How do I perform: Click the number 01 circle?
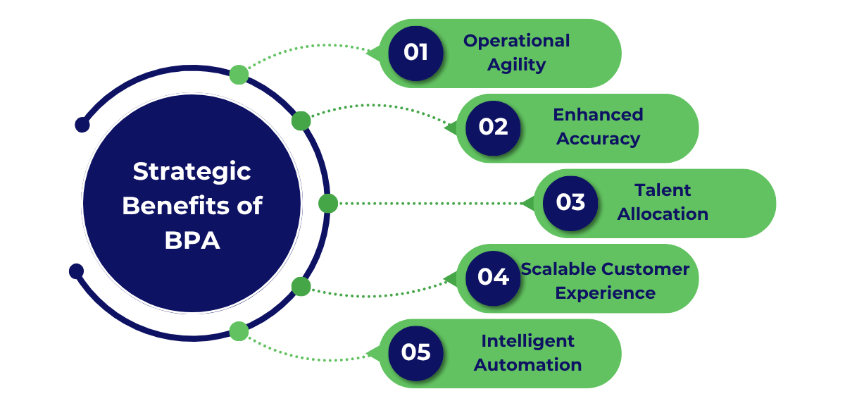click(x=415, y=53)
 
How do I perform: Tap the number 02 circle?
click(x=493, y=128)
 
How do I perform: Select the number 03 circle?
click(x=570, y=203)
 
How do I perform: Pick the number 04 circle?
click(x=493, y=278)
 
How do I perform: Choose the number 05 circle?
click(x=415, y=352)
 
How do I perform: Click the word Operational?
click(x=516, y=41)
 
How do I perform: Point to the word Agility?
click(x=516, y=65)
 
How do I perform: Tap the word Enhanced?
click(x=598, y=115)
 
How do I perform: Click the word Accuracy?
click(x=598, y=139)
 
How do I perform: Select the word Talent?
click(x=663, y=190)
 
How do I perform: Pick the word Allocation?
click(x=663, y=214)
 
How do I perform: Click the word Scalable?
click(x=559, y=269)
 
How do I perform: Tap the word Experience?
click(x=605, y=293)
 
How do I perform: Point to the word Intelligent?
click(x=527, y=341)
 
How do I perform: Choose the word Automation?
click(x=527, y=365)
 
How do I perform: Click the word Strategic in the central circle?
click(x=192, y=171)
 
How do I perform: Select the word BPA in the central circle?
click(x=192, y=240)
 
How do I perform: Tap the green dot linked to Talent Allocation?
click(x=328, y=204)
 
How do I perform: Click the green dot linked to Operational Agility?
click(x=239, y=75)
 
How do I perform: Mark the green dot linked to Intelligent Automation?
click(x=239, y=331)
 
